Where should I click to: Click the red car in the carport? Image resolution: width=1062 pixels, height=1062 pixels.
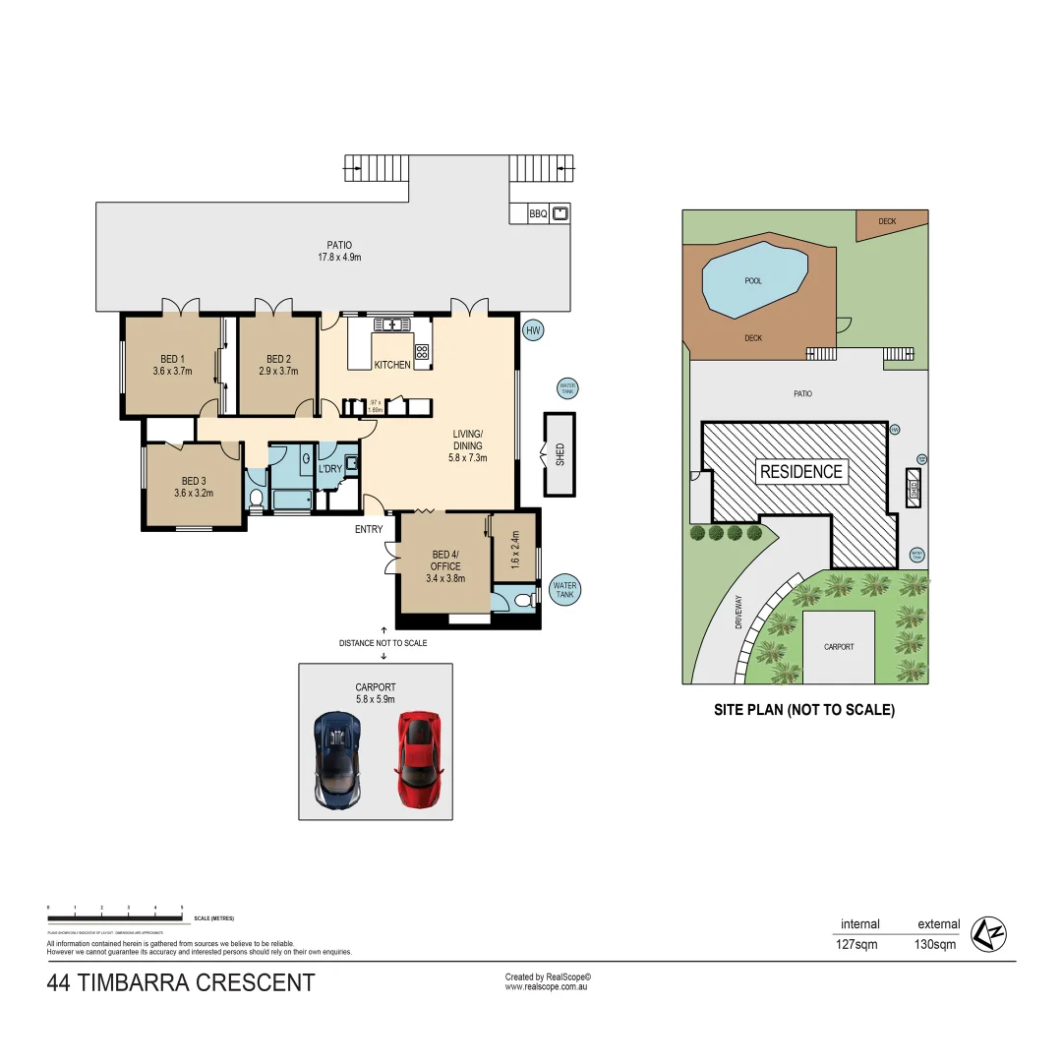418,759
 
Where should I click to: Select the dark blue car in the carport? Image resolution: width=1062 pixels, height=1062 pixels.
337,759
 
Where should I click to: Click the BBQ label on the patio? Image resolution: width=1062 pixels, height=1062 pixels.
538,213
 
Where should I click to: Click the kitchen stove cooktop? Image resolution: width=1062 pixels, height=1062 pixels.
422,351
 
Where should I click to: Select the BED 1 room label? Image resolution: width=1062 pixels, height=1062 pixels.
172,359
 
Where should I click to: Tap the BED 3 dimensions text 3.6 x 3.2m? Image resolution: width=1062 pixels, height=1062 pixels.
194,494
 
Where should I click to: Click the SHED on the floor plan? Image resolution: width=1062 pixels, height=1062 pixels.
560,453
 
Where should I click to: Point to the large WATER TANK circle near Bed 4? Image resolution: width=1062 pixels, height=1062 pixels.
565,590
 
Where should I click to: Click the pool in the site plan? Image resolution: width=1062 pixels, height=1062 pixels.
754,280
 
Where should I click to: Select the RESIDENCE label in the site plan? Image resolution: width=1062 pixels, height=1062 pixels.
801,471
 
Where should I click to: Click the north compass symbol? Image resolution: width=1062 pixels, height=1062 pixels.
989,933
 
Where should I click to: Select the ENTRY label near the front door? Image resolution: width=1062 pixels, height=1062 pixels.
369,529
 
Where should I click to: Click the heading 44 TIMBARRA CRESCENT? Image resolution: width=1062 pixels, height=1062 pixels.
181,982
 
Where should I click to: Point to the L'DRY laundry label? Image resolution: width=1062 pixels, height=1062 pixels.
329,469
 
